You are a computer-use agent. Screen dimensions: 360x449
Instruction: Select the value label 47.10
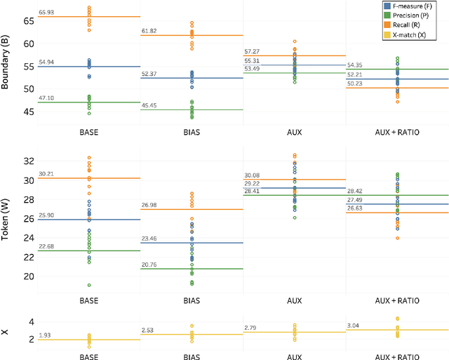(48, 98)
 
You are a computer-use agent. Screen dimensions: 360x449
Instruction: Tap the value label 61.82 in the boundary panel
(151, 32)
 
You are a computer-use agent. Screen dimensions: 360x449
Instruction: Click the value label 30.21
(48, 174)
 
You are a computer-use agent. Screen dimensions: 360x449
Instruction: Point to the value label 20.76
(151, 265)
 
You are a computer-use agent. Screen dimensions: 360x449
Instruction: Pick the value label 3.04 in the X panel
(356, 325)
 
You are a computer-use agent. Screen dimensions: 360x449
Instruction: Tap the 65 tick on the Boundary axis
(28, 21)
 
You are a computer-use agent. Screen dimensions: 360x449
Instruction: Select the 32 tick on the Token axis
(28, 161)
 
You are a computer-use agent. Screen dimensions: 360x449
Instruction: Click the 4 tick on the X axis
(31, 321)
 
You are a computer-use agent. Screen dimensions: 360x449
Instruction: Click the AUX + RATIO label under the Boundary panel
(397, 131)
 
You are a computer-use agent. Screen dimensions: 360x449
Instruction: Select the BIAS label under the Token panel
(192, 298)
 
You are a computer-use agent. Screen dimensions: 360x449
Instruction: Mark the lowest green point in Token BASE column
(89, 285)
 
